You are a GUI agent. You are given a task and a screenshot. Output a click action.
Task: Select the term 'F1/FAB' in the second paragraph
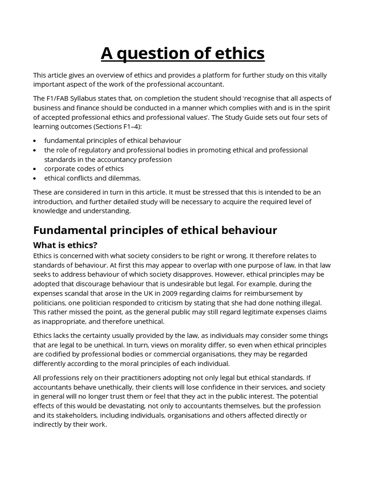click(x=60, y=98)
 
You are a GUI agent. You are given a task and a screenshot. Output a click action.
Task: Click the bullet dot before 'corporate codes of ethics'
click(x=36, y=169)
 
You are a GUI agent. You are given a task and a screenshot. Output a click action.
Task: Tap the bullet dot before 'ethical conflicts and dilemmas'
click(x=36, y=178)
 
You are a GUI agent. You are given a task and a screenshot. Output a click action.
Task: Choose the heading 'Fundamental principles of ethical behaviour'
click(x=155, y=230)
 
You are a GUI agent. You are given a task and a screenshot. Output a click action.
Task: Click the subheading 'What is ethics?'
click(x=65, y=245)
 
